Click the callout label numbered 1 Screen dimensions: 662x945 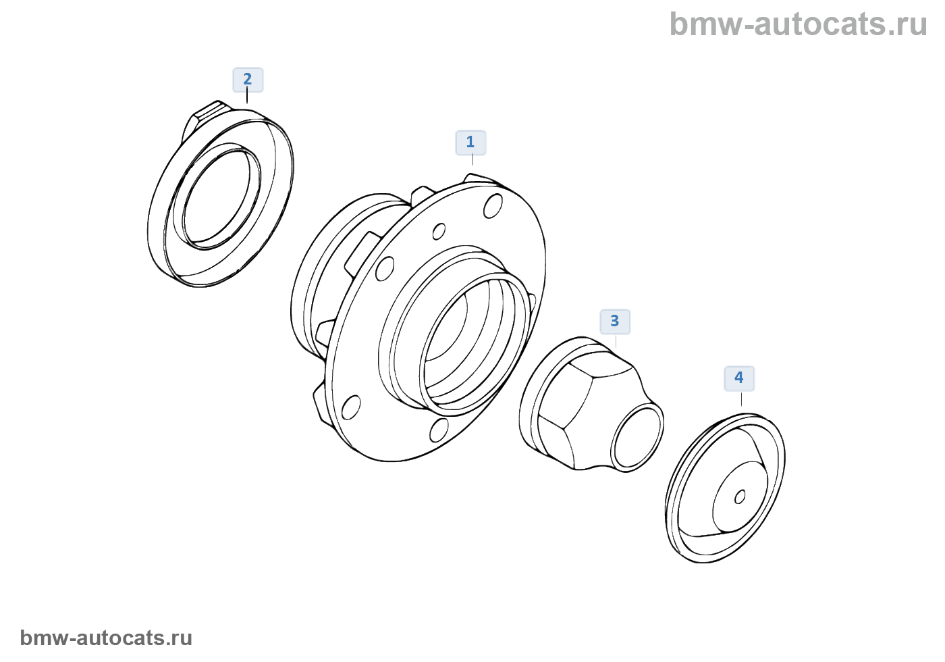(470, 143)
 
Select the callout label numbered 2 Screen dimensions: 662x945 (247, 80)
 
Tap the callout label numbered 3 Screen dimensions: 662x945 (614, 322)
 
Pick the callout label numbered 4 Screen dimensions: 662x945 (739, 378)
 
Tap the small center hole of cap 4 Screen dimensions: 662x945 (740, 497)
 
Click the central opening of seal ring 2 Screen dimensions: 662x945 (217, 197)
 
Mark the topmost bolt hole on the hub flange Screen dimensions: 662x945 (493, 205)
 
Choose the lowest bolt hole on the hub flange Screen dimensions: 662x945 (439, 430)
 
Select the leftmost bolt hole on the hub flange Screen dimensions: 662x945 (350, 407)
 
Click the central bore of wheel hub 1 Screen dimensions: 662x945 (466, 345)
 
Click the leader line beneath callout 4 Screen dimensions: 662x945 (741, 399)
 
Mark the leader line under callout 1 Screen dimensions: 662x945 (473, 160)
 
